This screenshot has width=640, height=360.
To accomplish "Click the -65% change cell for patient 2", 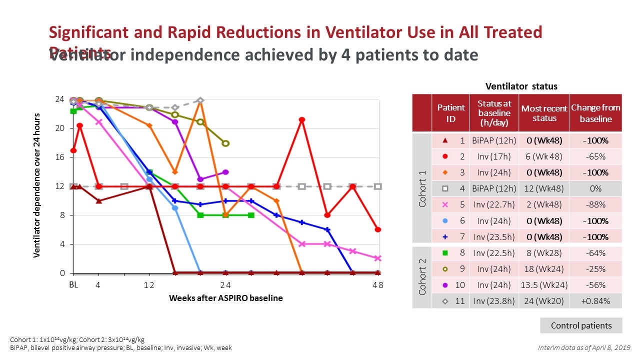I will [595, 156].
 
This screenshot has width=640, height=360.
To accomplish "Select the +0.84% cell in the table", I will [595, 300].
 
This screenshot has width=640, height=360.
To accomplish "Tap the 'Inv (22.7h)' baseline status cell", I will [493, 204].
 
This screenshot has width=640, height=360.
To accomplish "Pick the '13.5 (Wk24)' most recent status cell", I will [544, 284].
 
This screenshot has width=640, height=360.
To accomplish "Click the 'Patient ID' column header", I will [450, 112].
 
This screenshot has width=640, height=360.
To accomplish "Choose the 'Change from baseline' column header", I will [595, 112].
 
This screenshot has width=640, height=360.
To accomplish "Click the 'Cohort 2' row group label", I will [421, 276].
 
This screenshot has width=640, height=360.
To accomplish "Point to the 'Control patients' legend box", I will [581, 325].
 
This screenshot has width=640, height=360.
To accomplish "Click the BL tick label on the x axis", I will [73, 285].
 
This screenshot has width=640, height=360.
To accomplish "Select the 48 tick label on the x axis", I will [377, 285].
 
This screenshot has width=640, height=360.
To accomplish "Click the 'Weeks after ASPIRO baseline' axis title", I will [225, 298].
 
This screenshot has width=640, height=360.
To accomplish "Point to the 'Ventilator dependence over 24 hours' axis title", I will [36, 185].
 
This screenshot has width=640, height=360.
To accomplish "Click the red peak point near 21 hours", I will [302, 120].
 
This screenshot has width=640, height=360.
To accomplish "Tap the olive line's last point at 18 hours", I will [226, 143].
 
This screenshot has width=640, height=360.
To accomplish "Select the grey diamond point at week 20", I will [200, 100].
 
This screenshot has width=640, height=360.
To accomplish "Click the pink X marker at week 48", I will [378, 258].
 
